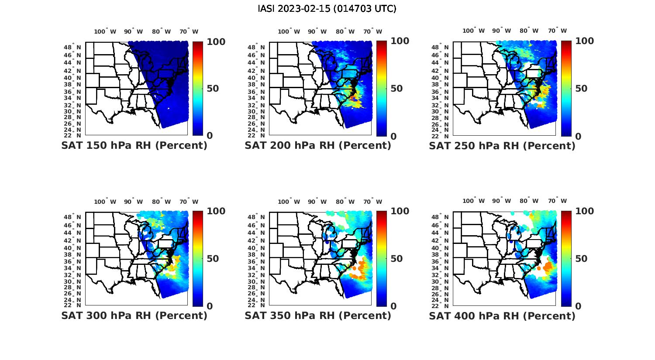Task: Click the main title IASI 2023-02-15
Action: pyautogui.click(x=327, y=9)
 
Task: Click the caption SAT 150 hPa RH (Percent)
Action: pyautogui.click(x=134, y=145)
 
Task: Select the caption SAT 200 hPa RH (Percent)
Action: pyautogui.click(x=318, y=145)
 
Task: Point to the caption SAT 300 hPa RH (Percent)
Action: pyautogui.click(x=134, y=315)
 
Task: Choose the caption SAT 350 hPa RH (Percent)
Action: pyautogui.click(x=318, y=315)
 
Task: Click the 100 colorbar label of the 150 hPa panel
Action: pyautogui.click(x=216, y=41)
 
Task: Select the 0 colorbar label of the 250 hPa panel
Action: pyautogui.click(x=578, y=136)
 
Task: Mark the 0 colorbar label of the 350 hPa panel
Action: pyautogui.click(x=393, y=306)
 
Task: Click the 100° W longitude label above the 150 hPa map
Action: pyautogui.click(x=105, y=31)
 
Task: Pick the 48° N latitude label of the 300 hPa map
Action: pyautogui.click(x=76, y=217)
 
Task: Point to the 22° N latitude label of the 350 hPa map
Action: pyautogui.click(x=260, y=305)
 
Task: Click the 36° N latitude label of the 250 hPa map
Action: pyautogui.click(x=444, y=92)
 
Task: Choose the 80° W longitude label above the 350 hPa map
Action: pyautogui.click(x=345, y=202)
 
